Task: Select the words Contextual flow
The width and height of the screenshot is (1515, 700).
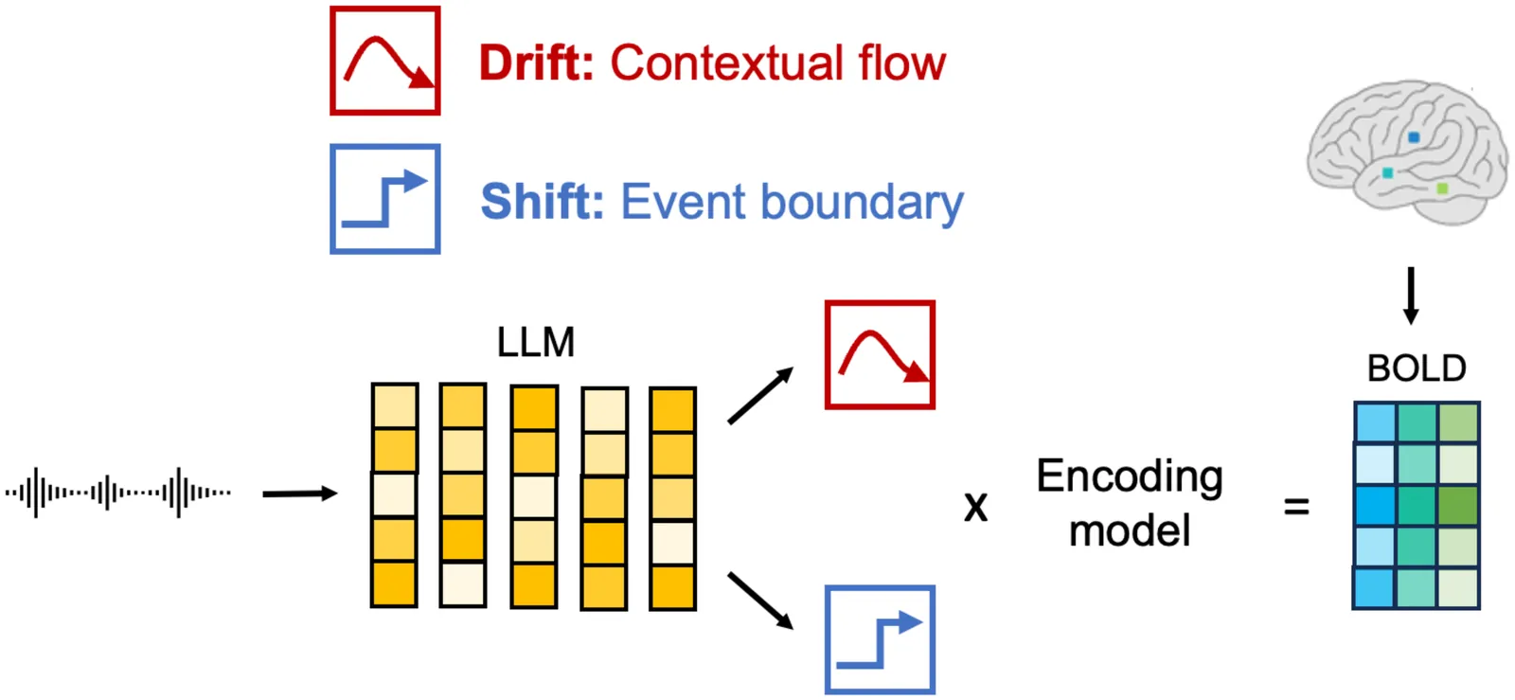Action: (777, 63)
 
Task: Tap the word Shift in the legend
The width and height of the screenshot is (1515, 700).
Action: (542, 202)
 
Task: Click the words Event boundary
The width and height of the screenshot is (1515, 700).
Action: (792, 203)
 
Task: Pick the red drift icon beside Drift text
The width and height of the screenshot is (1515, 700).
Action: (385, 62)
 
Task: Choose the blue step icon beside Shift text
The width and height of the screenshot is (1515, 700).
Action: (385, 199)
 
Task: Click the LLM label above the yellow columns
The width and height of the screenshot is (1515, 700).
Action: (536, 343)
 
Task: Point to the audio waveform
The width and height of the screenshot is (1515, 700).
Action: (117, 493)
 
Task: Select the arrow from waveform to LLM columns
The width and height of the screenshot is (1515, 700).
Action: (299, 494)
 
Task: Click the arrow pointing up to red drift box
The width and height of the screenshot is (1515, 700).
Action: (759, 396)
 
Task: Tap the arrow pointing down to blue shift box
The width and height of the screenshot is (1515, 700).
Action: (759, 601)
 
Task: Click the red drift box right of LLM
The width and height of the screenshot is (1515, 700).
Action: (880, 355)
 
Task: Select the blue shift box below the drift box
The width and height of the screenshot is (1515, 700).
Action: (880, 639)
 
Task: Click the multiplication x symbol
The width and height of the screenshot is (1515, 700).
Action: (975, 507)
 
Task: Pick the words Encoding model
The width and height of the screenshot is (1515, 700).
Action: (1130, 503)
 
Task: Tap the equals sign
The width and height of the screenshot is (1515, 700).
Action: (1296, 508)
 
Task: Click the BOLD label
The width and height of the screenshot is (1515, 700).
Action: (1417, 368)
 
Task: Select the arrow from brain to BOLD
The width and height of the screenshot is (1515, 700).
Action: (1411, 296)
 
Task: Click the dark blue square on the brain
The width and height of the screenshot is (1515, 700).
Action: (1414, 137)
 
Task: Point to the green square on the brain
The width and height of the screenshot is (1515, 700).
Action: (1442, 188)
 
